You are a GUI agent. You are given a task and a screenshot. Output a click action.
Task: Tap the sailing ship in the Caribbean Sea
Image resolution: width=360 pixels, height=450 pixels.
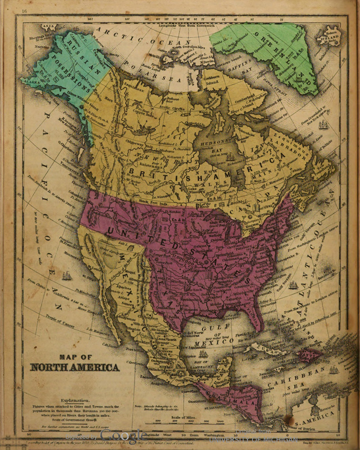click(334, 369)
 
